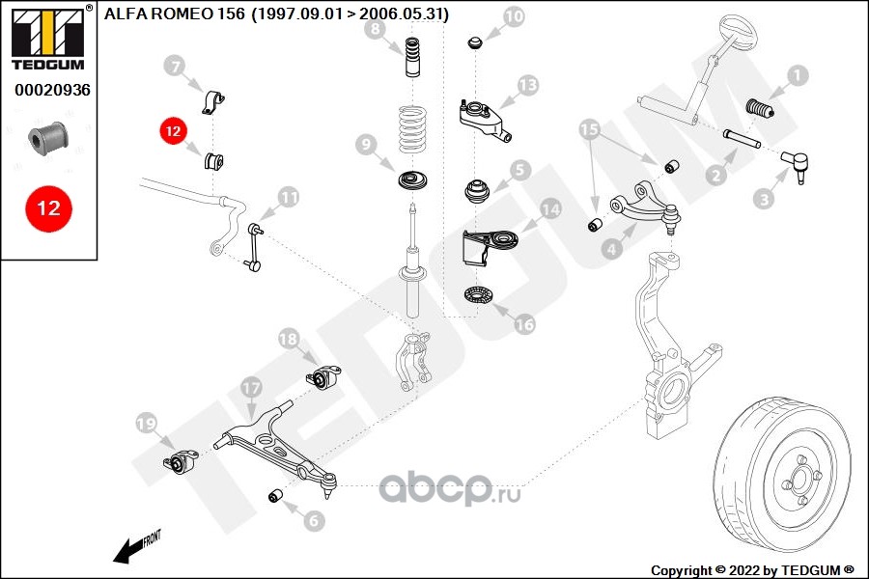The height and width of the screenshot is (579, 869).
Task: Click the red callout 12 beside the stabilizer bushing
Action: pyautogui.click(x=173, y=130)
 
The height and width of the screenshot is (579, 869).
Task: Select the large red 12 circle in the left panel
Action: pyautogui.click(x=48, y=207)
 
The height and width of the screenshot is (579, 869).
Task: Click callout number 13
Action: pyautogui.click(x=526, y=86)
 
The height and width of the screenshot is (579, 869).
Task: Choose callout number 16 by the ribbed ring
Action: pyautogui.click(x=524, y=325)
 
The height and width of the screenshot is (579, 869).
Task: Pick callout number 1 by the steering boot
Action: pyautogui.click(x=797, y=73)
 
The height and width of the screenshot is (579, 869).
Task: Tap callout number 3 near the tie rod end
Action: pyautogui.click(x=764, y=200)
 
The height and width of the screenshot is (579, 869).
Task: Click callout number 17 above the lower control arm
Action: pyautogui.click(x=250, y=388)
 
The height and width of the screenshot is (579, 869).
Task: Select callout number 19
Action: pyautogui.click(x=146, y=423)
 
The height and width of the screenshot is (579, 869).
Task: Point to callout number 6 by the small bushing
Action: pyautogui.click(x=313, y=521)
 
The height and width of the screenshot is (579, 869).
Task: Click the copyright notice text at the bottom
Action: pyautogui.click(x=752, y=569)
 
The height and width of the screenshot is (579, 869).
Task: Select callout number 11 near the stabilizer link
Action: pyautogui.click(x=289, y=197)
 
